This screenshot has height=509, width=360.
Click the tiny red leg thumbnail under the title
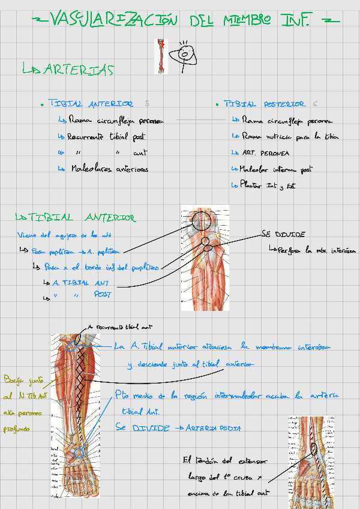161,56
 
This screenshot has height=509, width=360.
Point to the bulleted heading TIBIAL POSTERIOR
265,104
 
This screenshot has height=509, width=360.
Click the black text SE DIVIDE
283,234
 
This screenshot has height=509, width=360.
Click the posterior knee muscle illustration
205,259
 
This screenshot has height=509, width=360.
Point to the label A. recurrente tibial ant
121,328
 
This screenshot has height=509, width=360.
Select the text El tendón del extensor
225,461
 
